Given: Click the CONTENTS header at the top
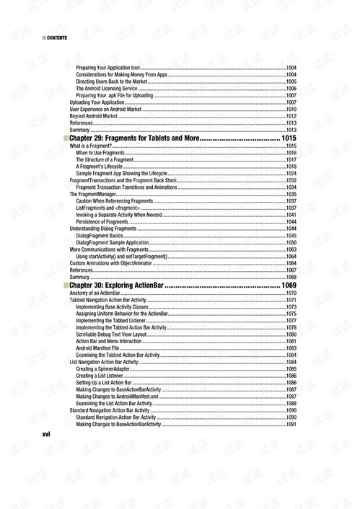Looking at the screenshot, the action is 56,37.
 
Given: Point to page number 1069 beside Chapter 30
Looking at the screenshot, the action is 289,286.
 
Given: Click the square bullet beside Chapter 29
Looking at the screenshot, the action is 66,137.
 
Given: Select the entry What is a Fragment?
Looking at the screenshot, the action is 91,146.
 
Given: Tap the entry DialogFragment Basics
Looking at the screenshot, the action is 100,236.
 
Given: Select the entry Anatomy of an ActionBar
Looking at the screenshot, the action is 95,293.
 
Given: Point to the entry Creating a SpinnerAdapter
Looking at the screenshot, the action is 107,369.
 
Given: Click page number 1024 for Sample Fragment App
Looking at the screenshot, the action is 291,174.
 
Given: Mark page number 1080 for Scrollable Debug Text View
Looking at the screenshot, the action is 291,335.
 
